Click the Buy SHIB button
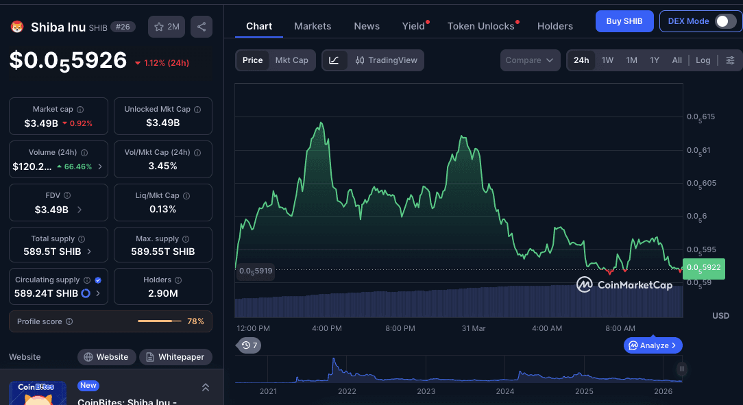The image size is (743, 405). pos(624,21)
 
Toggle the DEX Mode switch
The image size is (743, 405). pos(725,21)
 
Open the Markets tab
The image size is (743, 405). pos(313,26)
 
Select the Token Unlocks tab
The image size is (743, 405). pos(480,26)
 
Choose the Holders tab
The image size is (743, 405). pos(555,26)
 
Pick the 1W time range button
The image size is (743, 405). pos(607,60)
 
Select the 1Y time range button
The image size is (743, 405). pos(655,60)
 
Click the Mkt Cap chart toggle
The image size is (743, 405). pos(291,60)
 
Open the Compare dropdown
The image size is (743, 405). pos(530,60)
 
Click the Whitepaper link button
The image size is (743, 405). pos(175,357)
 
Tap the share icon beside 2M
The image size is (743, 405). pos(202,27)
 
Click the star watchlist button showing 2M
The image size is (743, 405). pos(167,27)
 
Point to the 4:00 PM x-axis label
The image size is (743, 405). pos(326,328)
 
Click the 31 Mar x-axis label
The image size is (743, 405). pos(474,328)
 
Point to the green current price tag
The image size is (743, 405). pos(703,267)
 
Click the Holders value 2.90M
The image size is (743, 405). pos(163,293)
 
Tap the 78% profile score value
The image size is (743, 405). pos(195,321)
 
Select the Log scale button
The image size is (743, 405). pos(703,60)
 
